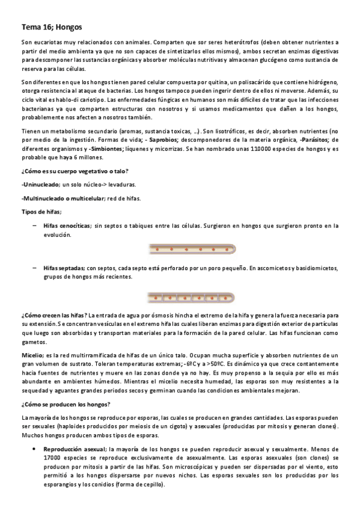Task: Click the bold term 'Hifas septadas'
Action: coord(63,268)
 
